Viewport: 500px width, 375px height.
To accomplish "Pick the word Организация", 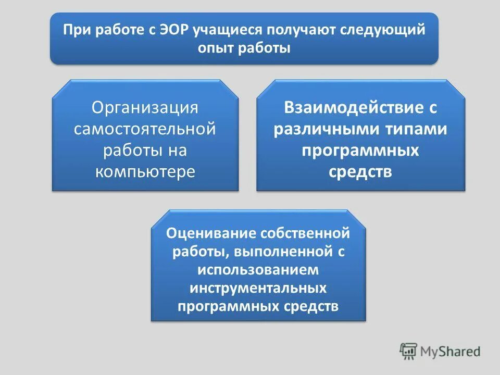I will (145, 108).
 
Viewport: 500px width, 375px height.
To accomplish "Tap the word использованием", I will (258, 270).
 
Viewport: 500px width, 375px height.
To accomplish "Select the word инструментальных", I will (258, 287).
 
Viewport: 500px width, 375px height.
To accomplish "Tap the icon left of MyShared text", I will (408, 352).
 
